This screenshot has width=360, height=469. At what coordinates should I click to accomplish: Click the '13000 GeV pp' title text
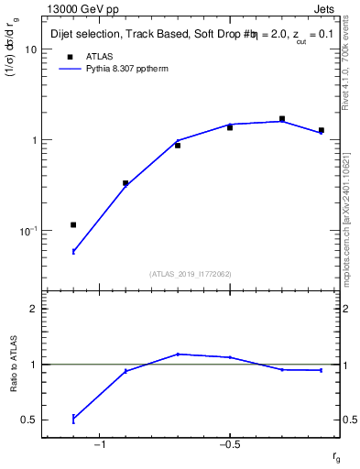(x=78, y=9)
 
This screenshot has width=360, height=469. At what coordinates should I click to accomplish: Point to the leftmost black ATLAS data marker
(x=73, y=224)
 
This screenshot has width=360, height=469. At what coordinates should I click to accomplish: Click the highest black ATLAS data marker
(x=282, y=118)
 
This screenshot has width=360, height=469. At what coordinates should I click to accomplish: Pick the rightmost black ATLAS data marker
(x=322, y=130)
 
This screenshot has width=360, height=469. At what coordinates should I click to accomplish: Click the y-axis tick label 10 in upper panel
(x=30, y=49)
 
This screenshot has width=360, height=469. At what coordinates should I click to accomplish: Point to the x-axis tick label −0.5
(x=229, y=446)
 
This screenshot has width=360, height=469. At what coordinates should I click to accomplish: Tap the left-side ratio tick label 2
(x=34, y=310)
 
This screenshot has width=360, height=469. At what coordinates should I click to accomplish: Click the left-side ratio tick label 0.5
(x=29, y=420)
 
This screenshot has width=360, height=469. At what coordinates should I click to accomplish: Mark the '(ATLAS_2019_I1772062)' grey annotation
(x=190, y=273)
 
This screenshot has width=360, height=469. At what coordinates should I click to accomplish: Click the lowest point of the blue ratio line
(x=73, y=419)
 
